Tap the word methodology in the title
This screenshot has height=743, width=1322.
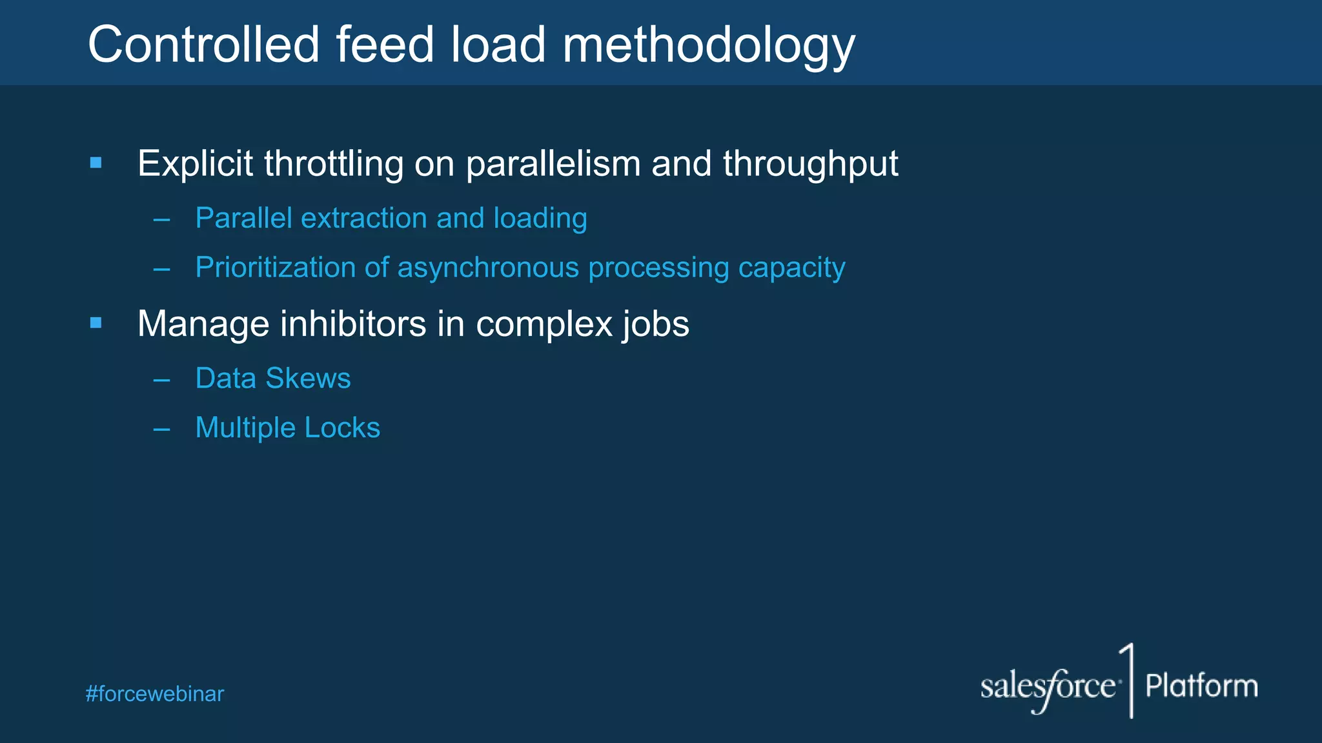(x=708, y=46)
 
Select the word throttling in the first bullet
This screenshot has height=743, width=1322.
(x=333, y=163)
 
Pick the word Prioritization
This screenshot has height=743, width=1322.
(x=275, y=267)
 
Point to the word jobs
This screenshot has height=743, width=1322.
(x=655, y=324)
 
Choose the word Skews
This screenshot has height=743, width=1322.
(x=308, y=378)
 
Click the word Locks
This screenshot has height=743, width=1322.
(x=342, y=428)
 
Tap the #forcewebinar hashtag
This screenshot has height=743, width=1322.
(x=155, y=694)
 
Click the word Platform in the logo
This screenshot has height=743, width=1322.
(x=1201, y=686)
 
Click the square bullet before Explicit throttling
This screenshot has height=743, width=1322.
(x=96, y=163)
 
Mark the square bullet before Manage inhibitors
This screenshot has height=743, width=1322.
(x=96, y=322)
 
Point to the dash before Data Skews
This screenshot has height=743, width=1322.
(x=161, y=380)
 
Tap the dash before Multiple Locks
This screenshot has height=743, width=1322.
(x=161, y=429)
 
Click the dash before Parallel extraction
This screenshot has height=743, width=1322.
(x=161, y=220)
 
